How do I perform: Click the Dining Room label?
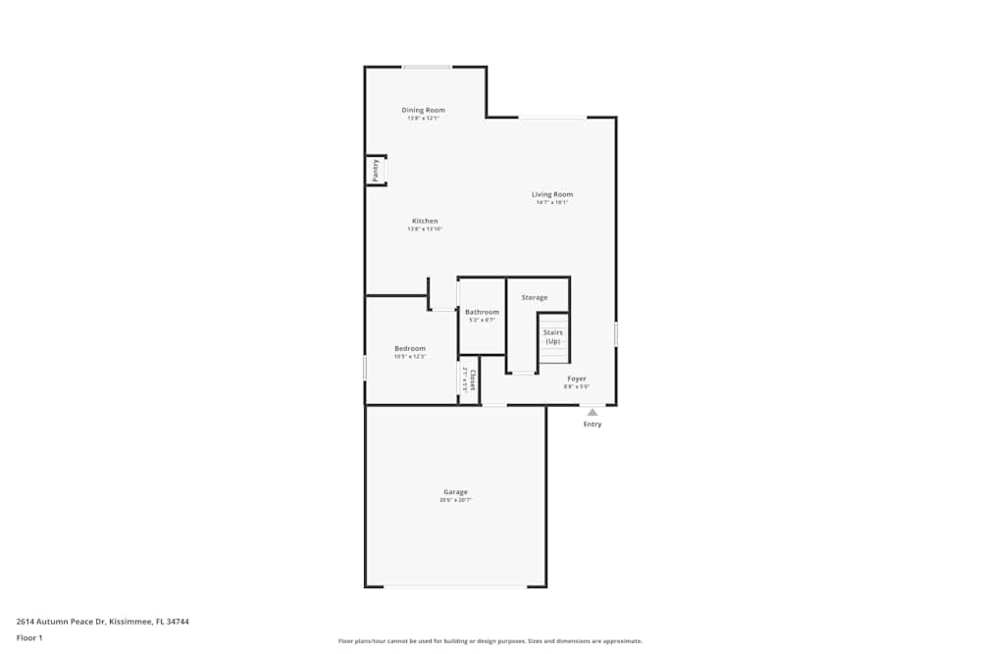423,110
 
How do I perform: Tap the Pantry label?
375,170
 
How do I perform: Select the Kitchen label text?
425,221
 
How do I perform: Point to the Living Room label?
552,194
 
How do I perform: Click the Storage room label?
535,297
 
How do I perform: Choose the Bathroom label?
482,312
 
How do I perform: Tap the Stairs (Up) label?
553,336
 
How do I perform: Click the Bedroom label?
410,348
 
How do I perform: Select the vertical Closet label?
472,379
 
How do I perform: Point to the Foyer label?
577,378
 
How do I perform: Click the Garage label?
455,491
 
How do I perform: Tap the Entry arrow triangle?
593,413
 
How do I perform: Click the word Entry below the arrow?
593,425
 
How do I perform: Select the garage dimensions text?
455,500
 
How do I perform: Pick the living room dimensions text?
552,203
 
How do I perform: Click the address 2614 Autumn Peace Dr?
102,621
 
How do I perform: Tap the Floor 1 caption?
29,637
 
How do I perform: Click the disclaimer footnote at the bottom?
490,641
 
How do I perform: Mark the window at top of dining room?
427,67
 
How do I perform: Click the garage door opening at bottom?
454,586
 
